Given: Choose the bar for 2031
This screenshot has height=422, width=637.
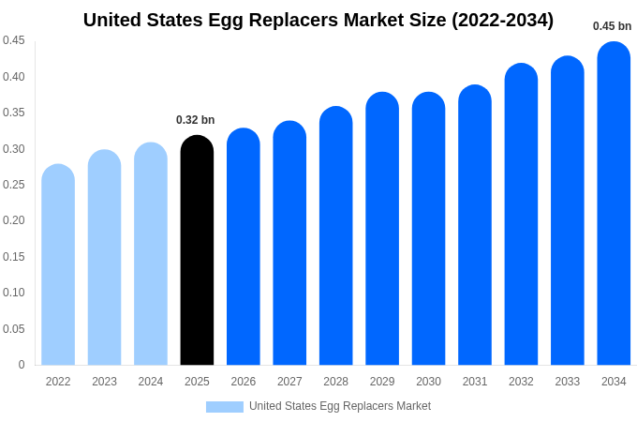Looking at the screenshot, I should [x=475, y=226].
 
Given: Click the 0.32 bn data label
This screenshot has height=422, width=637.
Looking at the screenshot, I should [x=196, y=120].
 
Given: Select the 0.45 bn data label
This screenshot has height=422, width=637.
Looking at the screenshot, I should [x=612, y=26].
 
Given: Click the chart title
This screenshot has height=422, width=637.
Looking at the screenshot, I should [x=318, y=20].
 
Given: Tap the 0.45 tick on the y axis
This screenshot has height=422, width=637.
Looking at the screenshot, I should [x=14, y=40].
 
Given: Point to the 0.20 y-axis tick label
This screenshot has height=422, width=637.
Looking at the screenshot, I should [x=14, y=220].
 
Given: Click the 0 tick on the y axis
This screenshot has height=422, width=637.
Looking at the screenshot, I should [x=22, y=365].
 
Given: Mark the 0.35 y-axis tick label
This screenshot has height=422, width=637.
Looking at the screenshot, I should [x=14, y=113].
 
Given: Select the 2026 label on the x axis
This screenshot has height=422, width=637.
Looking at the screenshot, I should [x=244, y=382].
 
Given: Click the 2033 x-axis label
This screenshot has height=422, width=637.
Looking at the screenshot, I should [x=567, y=382].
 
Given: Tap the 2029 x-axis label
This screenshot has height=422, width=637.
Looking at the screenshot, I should [x=382, y=382].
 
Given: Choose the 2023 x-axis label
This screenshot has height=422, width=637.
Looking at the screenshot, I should [x=104, y=382].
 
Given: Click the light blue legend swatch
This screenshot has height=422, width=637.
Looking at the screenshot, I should [x=225, y=407].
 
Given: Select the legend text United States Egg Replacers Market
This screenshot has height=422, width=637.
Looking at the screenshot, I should [x=340, y=406].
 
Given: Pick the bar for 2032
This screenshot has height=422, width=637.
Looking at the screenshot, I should [x=521, y=216].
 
